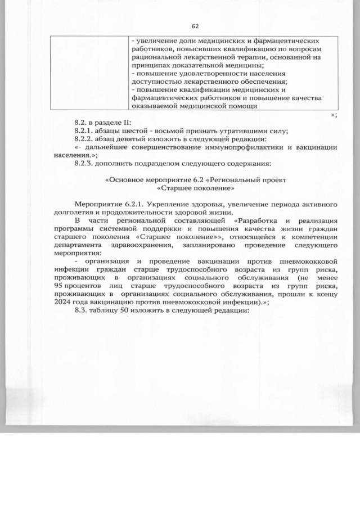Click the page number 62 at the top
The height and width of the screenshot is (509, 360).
click(x=196, y=26)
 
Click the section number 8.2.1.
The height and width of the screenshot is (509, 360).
click(x=84, y=131)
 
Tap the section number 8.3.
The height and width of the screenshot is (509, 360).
click(x=81, y=313)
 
